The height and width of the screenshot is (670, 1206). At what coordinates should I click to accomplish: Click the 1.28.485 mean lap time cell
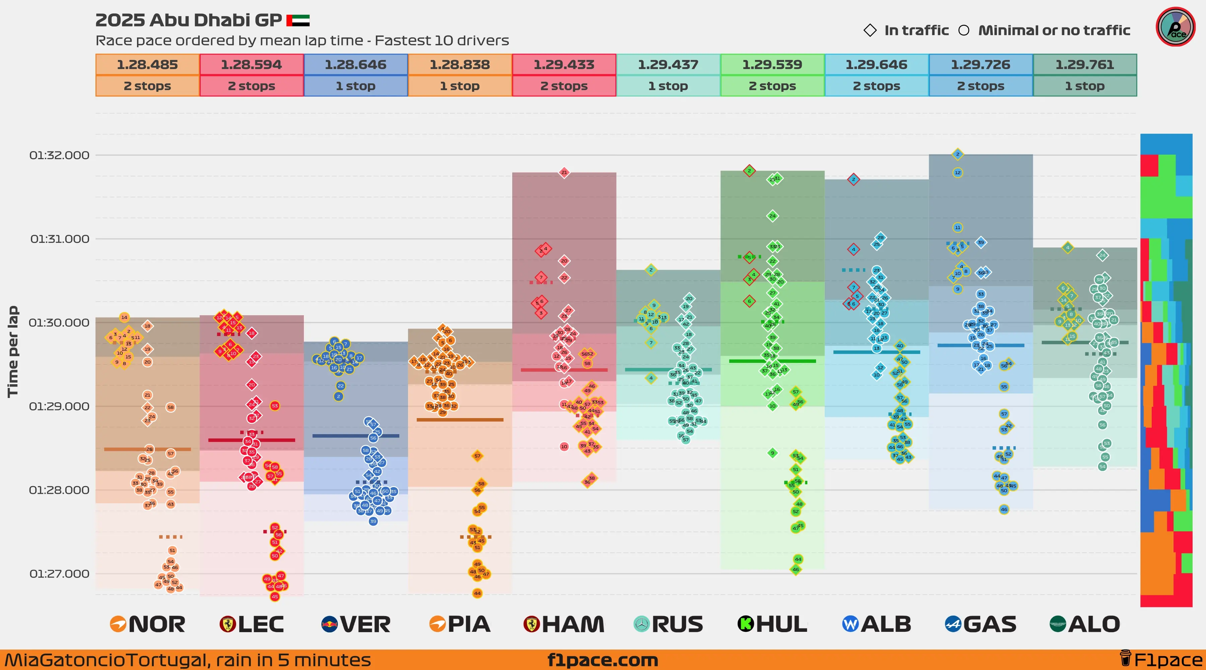(x=147, y=65)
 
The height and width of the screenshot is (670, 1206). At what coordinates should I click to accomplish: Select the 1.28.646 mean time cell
(x=355, y=65)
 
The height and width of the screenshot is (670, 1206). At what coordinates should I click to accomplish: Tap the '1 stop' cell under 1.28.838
(x=459, y=86)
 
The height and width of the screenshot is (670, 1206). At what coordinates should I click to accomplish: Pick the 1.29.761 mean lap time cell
(x=1084, y=65)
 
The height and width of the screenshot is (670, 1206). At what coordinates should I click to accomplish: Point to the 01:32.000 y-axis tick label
(x=59, y=155)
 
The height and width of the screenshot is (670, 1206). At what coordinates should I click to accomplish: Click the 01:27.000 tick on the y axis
(x=59, y=574)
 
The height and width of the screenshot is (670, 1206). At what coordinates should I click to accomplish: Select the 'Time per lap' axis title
(x=13, y=351)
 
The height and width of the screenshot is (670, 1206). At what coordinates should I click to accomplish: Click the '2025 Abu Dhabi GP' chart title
(x=188, y=20)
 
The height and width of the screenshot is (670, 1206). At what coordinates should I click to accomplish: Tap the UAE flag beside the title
(x=298, y=20)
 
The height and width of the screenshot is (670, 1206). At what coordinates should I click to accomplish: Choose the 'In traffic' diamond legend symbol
(x=870, y=30)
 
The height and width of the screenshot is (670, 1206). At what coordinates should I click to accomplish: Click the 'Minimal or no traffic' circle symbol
(x=963, y=30)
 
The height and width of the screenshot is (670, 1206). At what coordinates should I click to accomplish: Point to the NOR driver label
(x=156, y=624)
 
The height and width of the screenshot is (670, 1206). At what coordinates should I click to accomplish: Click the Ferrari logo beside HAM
(x=531, y=624)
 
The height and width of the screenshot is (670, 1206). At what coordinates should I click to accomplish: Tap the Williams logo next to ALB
(x=850, y=624)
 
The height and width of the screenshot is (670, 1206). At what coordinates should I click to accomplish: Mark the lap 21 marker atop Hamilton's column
(x=564, y=172)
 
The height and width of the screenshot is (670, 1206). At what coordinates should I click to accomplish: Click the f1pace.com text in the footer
(x=603, y=660)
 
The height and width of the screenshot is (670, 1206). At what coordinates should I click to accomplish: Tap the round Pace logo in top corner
(x=1175, y=27)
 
